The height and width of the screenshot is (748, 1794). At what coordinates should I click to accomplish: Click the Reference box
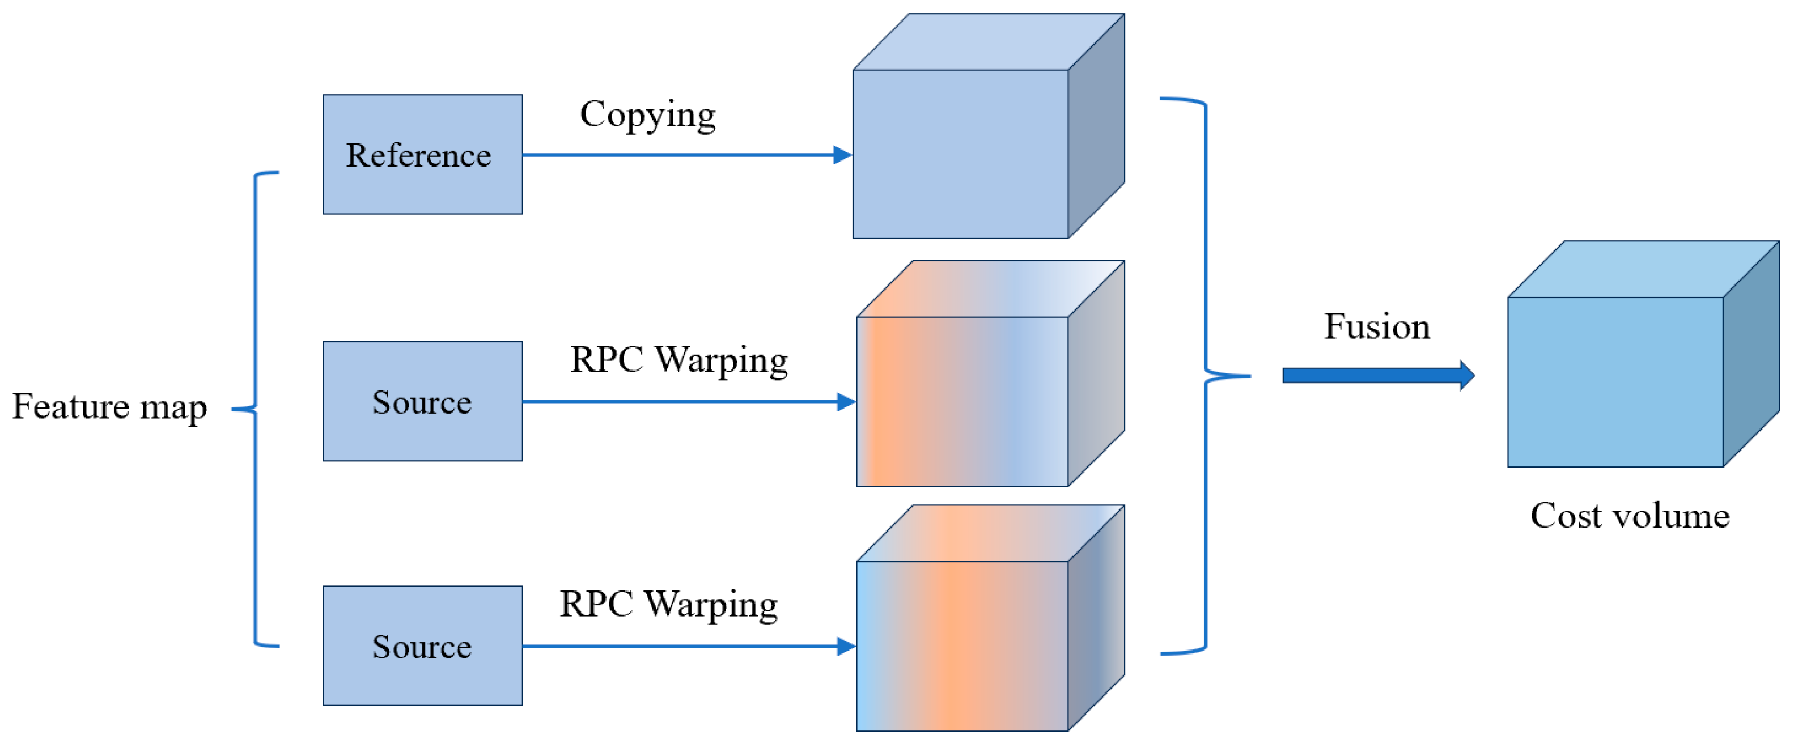[x=422, y=155]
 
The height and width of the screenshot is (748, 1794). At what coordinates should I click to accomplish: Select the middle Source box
[x=422, y=401]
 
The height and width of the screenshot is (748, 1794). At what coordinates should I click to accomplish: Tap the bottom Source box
[x=422, y=645]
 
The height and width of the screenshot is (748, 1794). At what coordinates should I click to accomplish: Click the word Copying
[x=648, y=115]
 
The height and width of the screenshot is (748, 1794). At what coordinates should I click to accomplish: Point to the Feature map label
[x=109, y=407]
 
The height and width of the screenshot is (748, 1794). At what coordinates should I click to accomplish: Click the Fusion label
[x=1377, y=326]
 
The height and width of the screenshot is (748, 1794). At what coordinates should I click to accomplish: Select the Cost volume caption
[x=1630, y=516]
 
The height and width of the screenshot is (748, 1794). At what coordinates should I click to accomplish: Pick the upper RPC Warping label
[x=679, y=361]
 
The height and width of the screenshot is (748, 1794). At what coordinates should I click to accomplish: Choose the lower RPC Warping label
[x=669, y=605]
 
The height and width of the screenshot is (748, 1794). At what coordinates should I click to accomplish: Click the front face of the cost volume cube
[x=1614, y=382]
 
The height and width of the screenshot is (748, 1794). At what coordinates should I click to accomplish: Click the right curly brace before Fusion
[x=1206, y=376]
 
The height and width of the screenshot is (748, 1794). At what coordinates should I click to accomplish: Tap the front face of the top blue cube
[x=960, y=155]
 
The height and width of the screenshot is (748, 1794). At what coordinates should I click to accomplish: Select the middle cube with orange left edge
[x=961, y=401]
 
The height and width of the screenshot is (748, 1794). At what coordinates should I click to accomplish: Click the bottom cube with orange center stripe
[x=961, y=645]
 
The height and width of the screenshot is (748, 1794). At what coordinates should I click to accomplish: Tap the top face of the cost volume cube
[x=1644, y=270]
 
